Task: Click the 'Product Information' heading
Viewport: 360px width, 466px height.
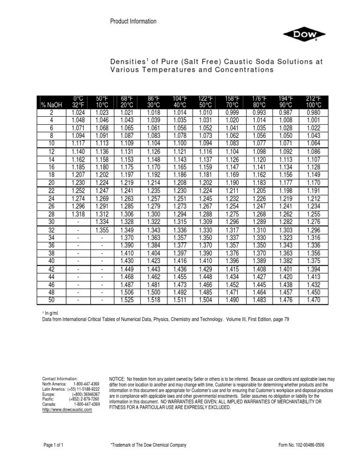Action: (x=133, y=21)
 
